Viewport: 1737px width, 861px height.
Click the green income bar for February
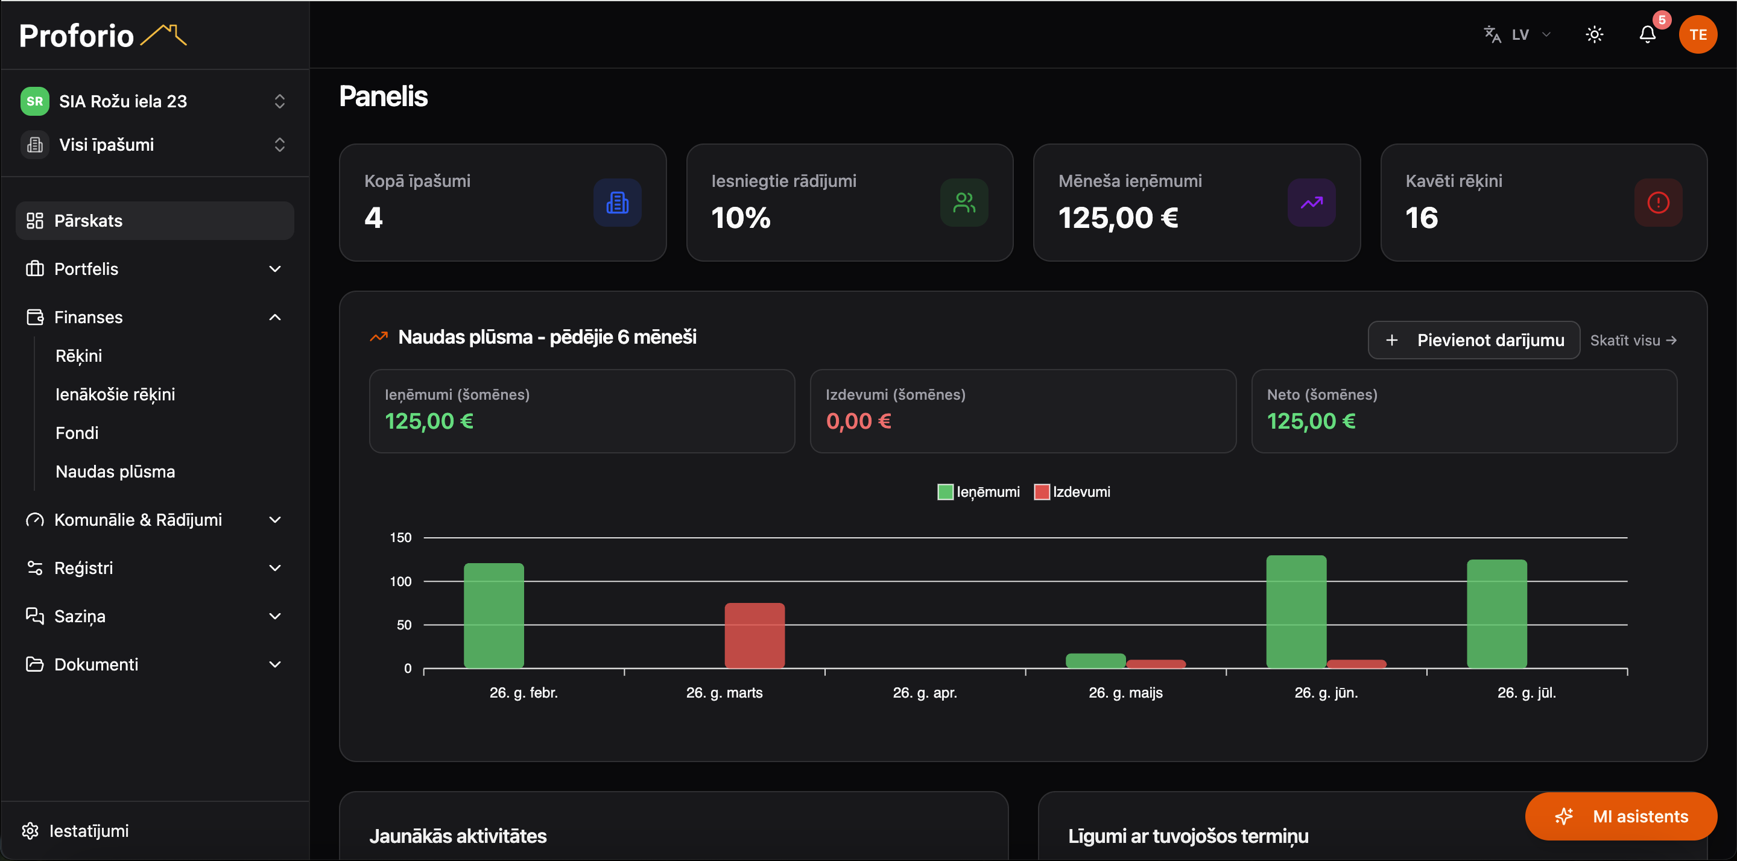[493, 615]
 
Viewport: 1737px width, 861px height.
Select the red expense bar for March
[755, 635]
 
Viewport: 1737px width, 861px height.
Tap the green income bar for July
[1497, 614]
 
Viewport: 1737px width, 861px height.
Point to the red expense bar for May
[1156, 663]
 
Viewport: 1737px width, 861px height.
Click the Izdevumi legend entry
[1072, 491]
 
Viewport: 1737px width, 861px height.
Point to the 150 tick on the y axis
[400, 537]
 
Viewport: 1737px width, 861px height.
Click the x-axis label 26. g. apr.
[925, 692]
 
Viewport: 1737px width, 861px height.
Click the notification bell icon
[1647, 34]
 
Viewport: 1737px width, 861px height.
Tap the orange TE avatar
[1698, 34]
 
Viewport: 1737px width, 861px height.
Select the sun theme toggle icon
[1594, 34]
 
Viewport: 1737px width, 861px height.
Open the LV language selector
[1517, 34]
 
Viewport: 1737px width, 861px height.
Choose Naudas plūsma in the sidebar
[115, 471]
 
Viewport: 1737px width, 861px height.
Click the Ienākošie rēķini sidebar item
[115, 394]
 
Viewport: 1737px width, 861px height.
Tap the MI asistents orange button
[1621, 816]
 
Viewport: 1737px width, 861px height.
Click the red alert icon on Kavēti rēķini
[1658, 202]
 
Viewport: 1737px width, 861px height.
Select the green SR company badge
[35, 101]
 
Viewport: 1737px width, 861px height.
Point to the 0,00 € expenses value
[858, 421]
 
